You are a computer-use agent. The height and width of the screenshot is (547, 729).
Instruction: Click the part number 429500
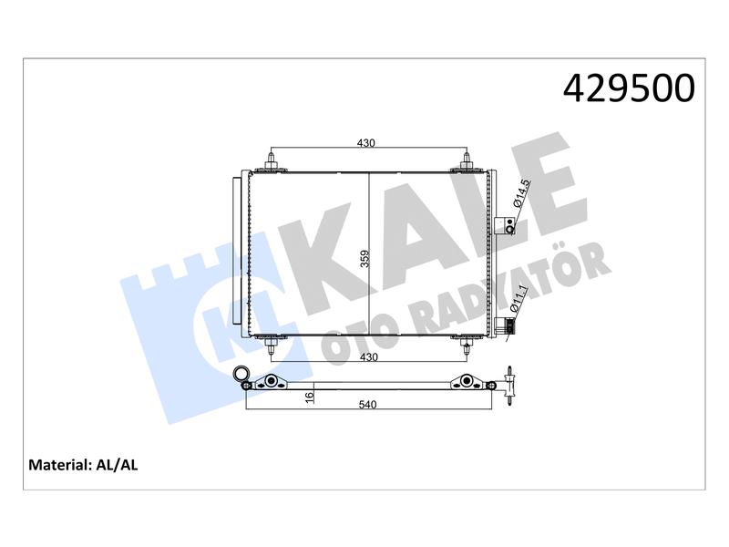click(629, 88)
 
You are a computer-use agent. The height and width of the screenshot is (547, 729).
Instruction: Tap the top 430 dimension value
click(366, 143)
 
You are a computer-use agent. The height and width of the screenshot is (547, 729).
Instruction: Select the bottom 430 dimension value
click(369, 357)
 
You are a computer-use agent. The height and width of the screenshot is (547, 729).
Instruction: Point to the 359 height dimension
click(365, 259)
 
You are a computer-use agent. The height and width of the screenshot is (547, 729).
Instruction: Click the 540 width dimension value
click(367, 405)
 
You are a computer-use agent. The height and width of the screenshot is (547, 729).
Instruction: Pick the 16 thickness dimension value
click(310, 397)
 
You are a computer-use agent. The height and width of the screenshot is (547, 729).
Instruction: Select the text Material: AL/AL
click(83, 465)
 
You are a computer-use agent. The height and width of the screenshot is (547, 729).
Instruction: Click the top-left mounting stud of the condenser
click(272, 162)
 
